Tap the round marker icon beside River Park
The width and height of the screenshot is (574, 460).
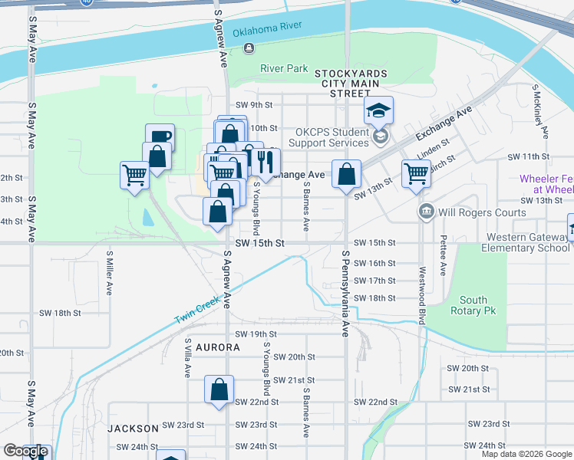pyautogui.click(x=249, y=49)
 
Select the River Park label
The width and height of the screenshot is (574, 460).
pyautogui.click(x=284, y=68)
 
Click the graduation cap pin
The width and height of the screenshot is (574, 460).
pyautogui.click(x=378, y=110)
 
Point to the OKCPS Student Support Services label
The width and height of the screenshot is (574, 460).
pyautogui.click(x=332, y=137)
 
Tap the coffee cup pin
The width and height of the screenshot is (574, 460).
pyautogui.click(x=160, y=138)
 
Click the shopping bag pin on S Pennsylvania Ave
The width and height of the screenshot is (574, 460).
pyautogui.click(x=347, y=173)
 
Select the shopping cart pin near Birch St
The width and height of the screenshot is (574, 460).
pyautogui.click(x=416, y=173)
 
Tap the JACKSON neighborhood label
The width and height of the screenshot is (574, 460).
pyautogui.click(x=133, y=428)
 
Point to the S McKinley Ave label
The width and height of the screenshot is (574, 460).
pyautogui.click(x=541, y=115)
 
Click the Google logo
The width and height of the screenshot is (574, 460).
pyautogui.click(x=25, y=452)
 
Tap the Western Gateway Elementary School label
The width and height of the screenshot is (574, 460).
pyautogui.click(x=526, y=242)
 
